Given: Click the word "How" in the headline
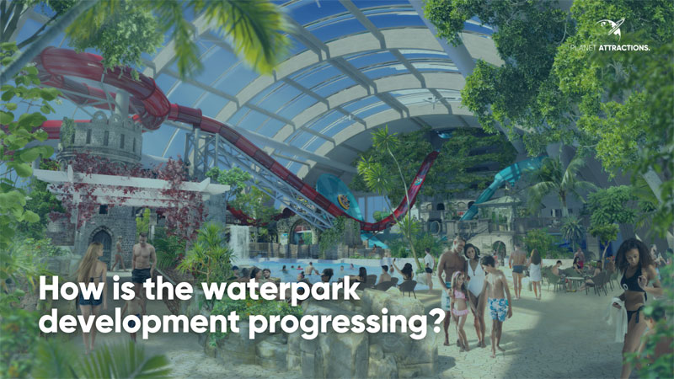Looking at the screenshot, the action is coord(71,288).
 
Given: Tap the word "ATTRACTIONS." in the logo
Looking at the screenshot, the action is coord(624,48).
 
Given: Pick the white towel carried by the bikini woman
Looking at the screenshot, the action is coord(618,319).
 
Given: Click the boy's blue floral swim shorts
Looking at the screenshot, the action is coord(499,309).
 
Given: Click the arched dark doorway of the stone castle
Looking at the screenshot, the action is coord(102,248).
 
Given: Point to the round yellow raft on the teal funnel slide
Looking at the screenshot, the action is coord(344,200).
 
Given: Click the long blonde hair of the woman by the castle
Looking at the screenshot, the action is coord(88,265).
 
